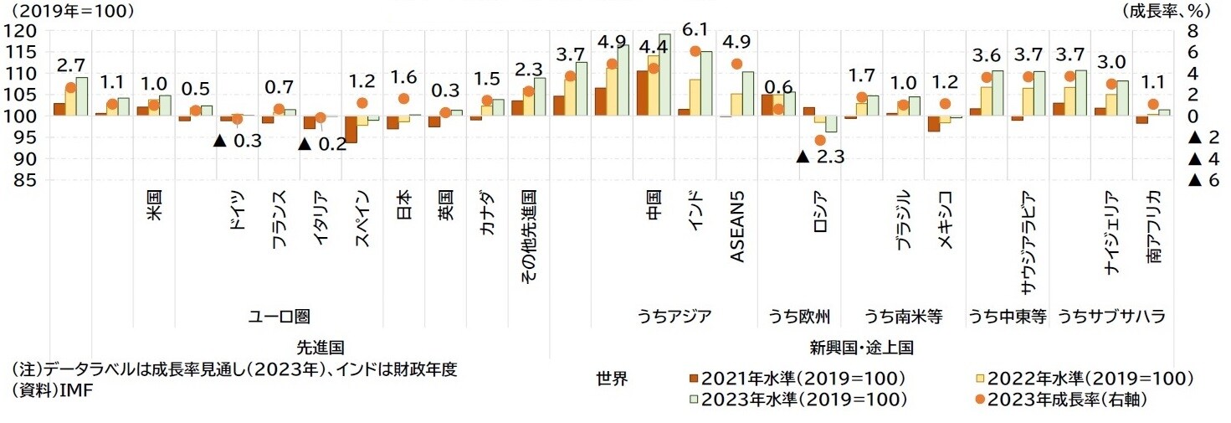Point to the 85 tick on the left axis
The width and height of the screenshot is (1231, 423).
23,180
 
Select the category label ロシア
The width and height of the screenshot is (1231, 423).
822,218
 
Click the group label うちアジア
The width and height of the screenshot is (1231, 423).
674,317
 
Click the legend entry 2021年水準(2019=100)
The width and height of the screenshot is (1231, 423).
795,378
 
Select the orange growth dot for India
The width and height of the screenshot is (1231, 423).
695,51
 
